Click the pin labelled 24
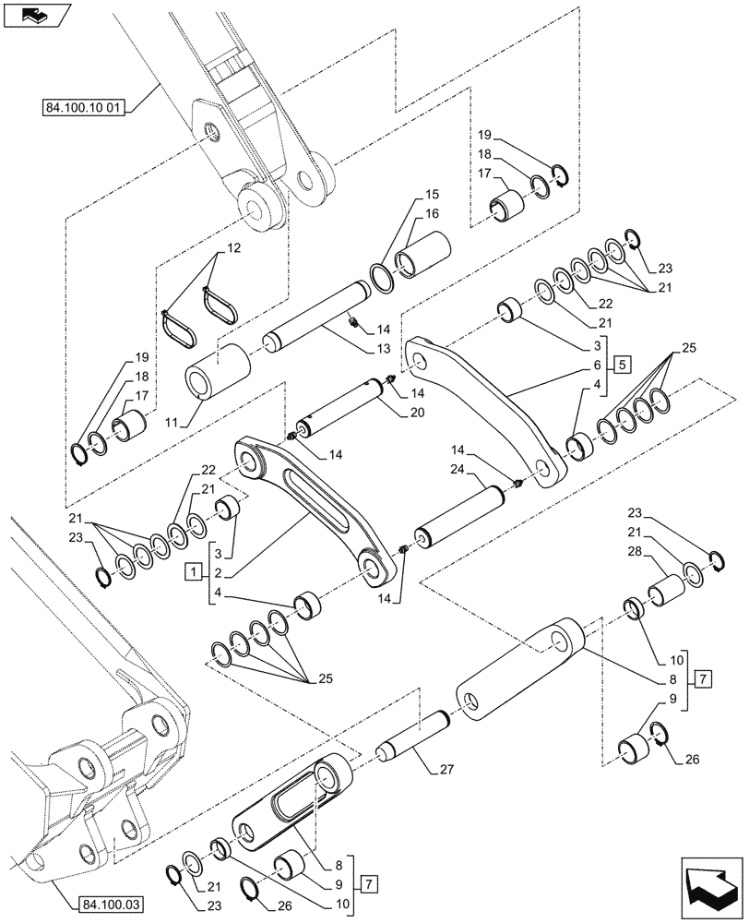pyautogui.click(x=461, y=518)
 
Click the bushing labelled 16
pyautogui.click(x=422, y=254)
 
